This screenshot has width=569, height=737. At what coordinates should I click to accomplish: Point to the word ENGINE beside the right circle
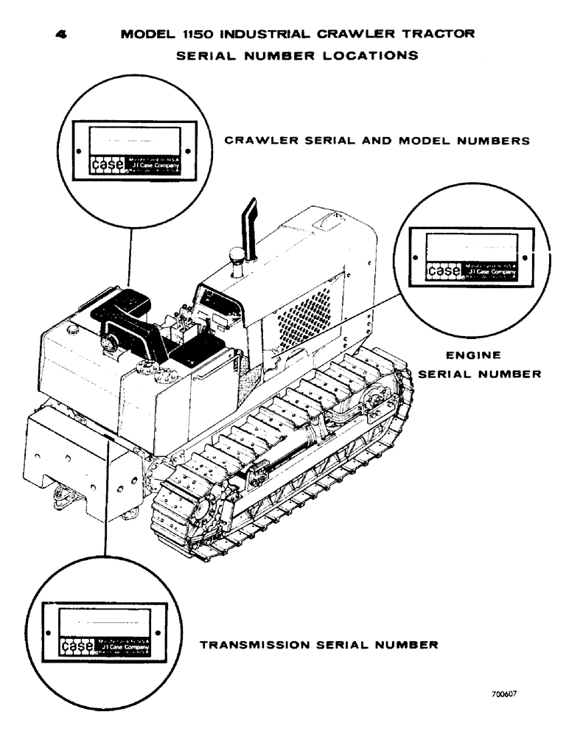[462, 354]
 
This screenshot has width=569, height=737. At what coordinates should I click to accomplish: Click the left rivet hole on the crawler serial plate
[78, 151]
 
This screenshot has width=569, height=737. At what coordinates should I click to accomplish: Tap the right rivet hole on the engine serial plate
[524, 258]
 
